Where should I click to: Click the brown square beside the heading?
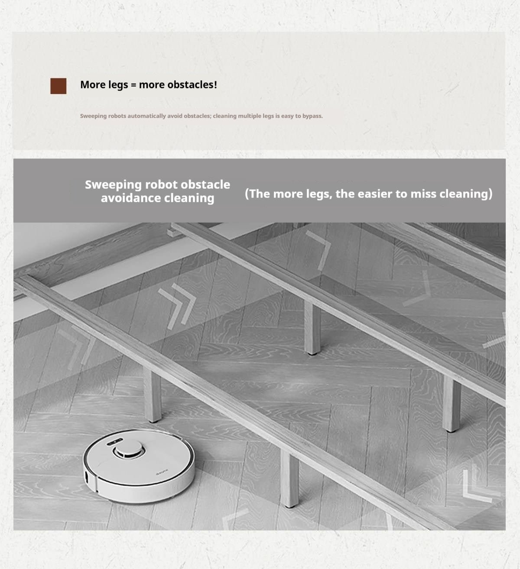(x=58, y=86)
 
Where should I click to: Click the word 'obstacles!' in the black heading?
(x=192, y=84)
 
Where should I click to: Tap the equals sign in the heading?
(x=133, y=85)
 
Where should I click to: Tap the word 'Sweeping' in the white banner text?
(x=113, y=185)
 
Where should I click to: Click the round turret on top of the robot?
(x=129, y=449)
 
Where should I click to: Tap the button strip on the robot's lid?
(x=115, y=441)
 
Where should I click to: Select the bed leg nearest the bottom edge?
(x=289, y=479)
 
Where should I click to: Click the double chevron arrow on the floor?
(x=177, y=306)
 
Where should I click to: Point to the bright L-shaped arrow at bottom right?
(x=477, y=485)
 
